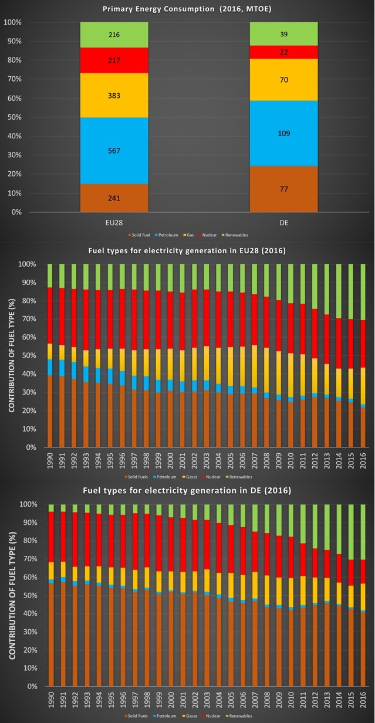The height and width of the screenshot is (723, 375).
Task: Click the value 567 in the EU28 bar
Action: point(114,151)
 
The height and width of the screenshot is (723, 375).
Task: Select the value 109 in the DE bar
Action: point(284,133)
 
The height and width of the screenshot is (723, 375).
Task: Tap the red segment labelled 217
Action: point(114,60)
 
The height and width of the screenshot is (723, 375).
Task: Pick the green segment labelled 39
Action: point(284,35)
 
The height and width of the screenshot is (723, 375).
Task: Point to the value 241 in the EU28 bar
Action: point(114,198)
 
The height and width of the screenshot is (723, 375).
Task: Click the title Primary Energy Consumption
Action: point(187,9)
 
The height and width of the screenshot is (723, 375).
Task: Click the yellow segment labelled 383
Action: point(114,96)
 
